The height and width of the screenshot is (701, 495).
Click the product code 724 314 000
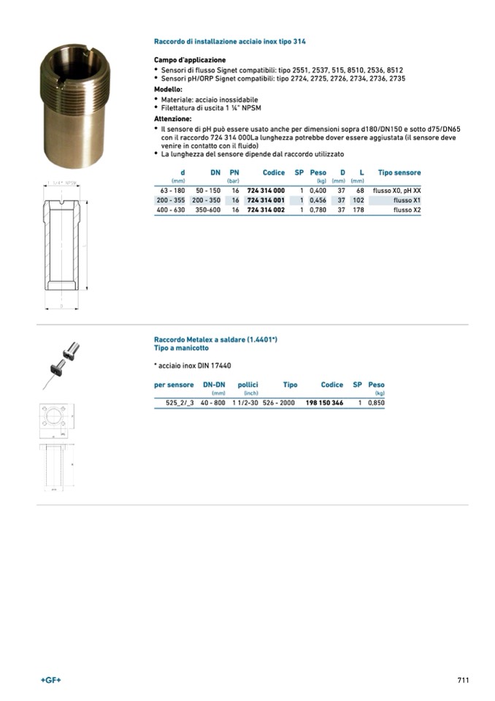click(x=266, y=190)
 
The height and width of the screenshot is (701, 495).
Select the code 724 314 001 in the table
click(x=266, y=200)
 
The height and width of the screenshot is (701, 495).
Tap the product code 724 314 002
click(x=266, y=210)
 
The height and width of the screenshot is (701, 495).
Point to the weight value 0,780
click(x=317, y=210)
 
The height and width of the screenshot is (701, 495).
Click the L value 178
click(x=358, y=210)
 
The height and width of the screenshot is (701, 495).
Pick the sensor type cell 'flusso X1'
click(x=407, y=200)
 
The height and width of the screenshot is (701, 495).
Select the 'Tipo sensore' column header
click(x=399, y=173)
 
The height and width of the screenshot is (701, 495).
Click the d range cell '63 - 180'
click(x=172, y=190)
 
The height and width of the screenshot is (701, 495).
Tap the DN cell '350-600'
click(x=208, y=210)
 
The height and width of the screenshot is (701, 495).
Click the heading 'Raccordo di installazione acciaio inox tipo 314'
click(x=229, y=42)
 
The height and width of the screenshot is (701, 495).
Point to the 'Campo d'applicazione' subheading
click(x=190, y=60)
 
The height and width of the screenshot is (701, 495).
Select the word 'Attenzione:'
click(x=173, y=118)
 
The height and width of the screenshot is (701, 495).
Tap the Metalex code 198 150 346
click(x=324, y=403)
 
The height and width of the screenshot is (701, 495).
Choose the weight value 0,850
click(x=376, y=403)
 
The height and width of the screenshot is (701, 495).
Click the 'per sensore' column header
click(x=174, y=384)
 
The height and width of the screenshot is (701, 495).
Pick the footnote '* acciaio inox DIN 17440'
click(x=193, y=365)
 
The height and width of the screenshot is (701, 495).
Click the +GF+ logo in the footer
click(x=51, y=680)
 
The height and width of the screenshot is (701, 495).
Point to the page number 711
click(x=462, y=680)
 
